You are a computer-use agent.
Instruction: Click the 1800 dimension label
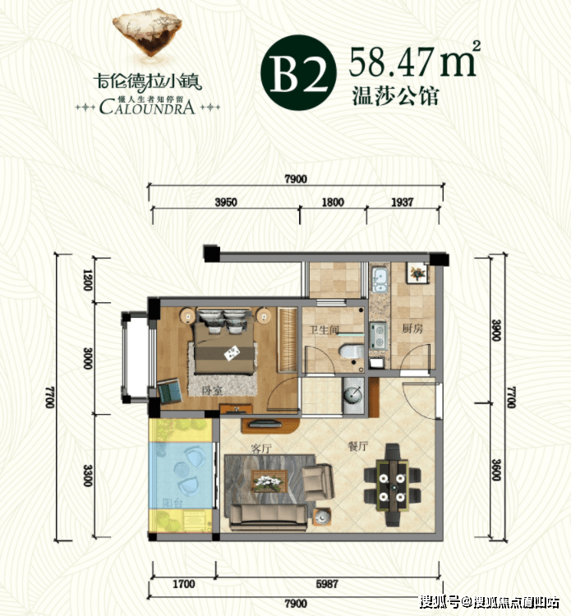(332, 202)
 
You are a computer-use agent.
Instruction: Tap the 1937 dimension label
(403, 202)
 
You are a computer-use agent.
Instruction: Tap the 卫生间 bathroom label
(324, 331)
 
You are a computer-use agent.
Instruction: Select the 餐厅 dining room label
(358, 448)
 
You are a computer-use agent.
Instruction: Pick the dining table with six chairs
(392, 480)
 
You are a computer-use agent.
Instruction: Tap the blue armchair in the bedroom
(171, 391)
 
